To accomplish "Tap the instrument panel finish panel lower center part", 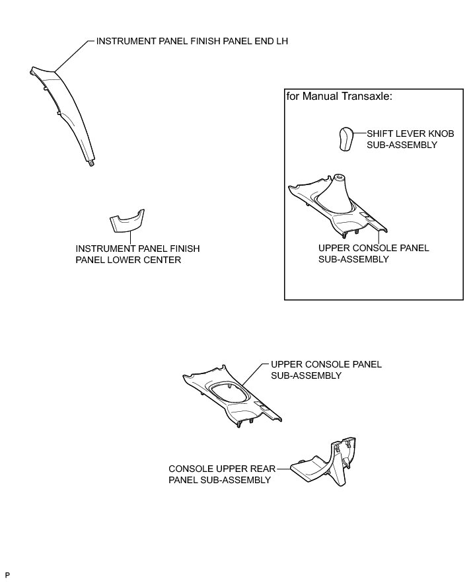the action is coord(127,223).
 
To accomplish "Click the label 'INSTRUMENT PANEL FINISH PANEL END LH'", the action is coord(192,41).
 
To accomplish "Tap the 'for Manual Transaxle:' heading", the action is coord(339,97).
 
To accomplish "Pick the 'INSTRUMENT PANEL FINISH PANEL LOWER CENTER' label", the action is coord(137,254).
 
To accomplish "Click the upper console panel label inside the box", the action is coord(373,254).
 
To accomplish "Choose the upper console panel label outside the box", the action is coord(326,369).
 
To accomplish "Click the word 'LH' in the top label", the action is coord(281,41).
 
